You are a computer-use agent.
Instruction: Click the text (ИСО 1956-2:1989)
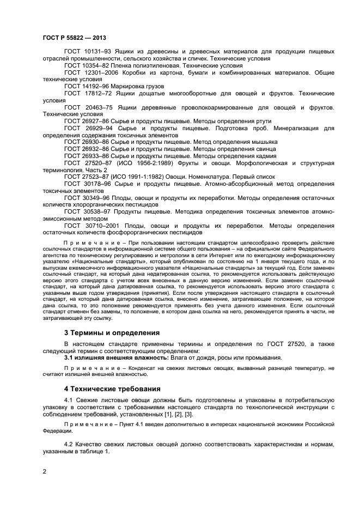[138, 162]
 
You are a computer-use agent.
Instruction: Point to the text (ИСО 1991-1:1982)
[134, 177]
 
